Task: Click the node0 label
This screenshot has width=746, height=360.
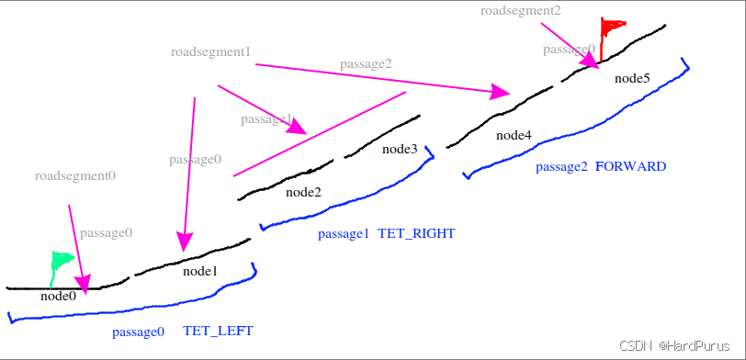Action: click(58, 296)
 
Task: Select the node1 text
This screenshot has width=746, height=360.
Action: click(200, 271)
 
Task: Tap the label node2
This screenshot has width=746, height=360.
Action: click(303, 192)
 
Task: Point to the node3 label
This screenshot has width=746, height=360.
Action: click(400, 149)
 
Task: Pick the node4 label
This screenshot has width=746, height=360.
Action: click(514, 135)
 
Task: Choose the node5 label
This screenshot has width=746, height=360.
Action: click(632, 78)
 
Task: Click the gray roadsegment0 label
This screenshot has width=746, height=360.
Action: click(75, 174)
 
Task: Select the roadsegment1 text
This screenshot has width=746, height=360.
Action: click(210, 51)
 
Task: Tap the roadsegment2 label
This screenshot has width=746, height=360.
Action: click(520, 10)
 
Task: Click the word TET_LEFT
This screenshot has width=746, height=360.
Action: click(218, 331)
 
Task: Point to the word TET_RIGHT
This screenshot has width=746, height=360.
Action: click(416, 233)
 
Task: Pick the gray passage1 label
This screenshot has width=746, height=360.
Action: click(266, 119)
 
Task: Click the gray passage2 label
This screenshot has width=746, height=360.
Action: click(366, 63)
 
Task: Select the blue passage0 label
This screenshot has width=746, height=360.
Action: click(138, 331)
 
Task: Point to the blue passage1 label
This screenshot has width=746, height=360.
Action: click(344, 233)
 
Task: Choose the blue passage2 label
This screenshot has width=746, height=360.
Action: click(561, 166)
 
